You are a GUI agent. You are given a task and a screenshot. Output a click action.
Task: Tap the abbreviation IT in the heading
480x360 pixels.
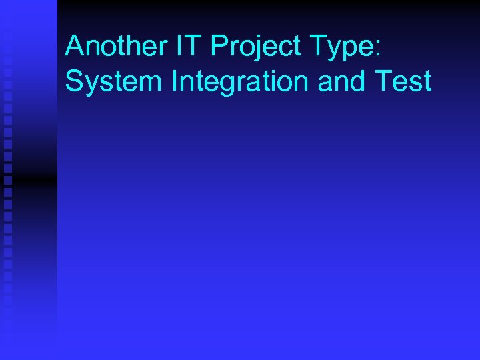click(x=189, y=47)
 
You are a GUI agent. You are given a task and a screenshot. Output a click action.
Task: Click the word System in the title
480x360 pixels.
click(x=114, y=81)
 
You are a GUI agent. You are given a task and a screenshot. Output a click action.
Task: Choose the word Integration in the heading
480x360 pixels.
click(x=241, y=81)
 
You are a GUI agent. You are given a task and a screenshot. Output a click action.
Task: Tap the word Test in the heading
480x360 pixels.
click(x=403, y=81)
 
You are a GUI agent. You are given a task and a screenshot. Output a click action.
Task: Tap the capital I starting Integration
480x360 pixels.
click(x=175, y=81)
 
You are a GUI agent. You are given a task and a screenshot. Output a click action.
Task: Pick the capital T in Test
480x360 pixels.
click(x=384, y=81)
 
